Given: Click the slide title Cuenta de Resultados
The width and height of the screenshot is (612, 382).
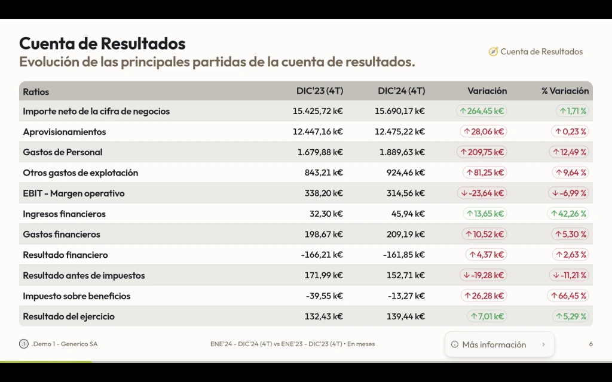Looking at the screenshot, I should click(102, 44).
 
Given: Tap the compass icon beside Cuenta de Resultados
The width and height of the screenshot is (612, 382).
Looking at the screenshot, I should click(493, 52).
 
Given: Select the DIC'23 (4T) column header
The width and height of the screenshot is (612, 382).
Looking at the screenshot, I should click(320, 91).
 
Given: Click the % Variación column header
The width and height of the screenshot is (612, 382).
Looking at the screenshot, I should click(565, 91).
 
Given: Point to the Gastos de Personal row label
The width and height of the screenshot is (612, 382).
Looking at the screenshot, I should click(63, 152).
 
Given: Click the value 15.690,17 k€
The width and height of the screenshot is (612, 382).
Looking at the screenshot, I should click(400, 111).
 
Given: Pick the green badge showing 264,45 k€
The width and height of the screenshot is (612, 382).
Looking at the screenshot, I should click(482, 111).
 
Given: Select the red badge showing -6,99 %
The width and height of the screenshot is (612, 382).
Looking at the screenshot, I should click(568, 193).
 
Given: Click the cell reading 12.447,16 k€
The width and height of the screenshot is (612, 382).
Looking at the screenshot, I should click(318, 132).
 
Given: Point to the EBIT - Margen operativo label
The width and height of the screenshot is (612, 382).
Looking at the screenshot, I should click(74, 193).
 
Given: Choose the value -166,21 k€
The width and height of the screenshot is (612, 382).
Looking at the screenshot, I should click(322, 255).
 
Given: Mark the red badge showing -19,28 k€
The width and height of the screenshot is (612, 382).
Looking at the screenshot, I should click(483, 275).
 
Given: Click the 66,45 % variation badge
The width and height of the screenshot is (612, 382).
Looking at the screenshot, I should click(568, 296).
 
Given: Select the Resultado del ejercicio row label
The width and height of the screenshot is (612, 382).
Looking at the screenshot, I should click(69, 316).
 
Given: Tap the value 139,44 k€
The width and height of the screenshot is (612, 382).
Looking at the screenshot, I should click(404, 316).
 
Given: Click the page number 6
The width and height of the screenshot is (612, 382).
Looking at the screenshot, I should click(590, 344).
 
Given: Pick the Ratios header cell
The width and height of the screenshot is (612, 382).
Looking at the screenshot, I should click(36, 92).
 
